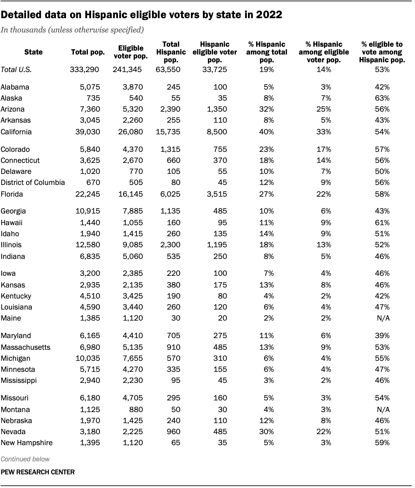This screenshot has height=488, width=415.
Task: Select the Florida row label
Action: [12, 194]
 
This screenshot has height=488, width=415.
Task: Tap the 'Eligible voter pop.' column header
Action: [131, 52]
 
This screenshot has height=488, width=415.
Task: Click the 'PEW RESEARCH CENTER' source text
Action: [38, 472]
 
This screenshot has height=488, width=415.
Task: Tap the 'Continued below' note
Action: [25, 459]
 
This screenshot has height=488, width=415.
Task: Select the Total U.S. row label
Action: [16, 69]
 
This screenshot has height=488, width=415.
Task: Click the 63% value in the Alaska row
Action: [382, 98]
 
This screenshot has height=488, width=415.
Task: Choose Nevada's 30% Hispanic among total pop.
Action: [267, 432]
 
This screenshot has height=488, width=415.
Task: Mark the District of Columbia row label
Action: [33, 182]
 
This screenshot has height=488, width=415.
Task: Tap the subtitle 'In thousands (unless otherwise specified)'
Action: [72, 30]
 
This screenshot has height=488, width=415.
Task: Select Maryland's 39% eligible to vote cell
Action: [382, 335]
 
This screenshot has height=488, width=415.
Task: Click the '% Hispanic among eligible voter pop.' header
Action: [324, 52]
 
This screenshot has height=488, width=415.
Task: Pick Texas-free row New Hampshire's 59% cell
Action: [382, 443]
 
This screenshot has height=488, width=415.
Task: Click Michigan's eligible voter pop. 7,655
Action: [132, 358]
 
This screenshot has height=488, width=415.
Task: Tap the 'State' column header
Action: [33, 52]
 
